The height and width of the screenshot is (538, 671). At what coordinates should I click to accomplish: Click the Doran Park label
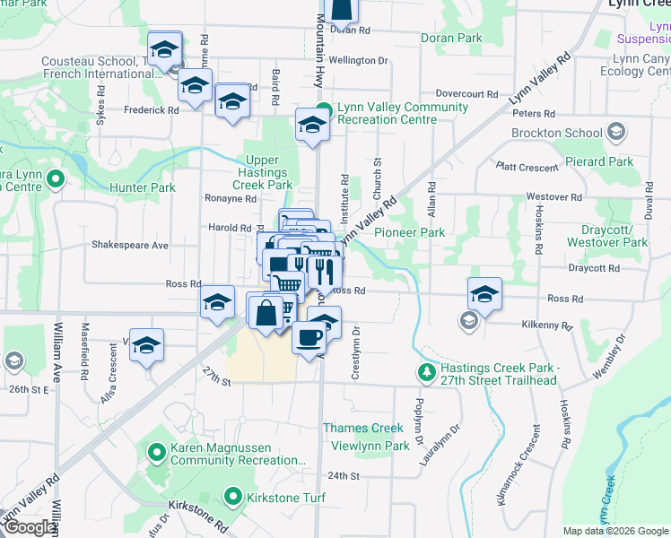click(x=451, y=39)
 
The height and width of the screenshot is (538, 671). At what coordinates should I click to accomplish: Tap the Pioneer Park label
click(x=409, y=233)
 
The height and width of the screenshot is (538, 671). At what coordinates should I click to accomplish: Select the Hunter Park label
click(x=142, y=187)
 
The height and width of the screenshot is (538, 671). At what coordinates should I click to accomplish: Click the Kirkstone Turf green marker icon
click(x=233, y=497)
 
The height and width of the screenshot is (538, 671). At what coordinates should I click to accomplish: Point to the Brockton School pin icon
click(x=615, y=133)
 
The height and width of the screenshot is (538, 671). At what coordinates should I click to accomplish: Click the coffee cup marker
click(x=309, y=338)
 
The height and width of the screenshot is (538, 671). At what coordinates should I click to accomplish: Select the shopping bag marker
click(x=266, y=313)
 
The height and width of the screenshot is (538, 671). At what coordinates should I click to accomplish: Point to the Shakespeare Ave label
click(x=130, y=245)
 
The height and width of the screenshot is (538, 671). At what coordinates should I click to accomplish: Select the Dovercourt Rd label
click(x=466, y=93)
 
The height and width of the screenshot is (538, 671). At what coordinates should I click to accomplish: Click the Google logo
click(x=30, y=527)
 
